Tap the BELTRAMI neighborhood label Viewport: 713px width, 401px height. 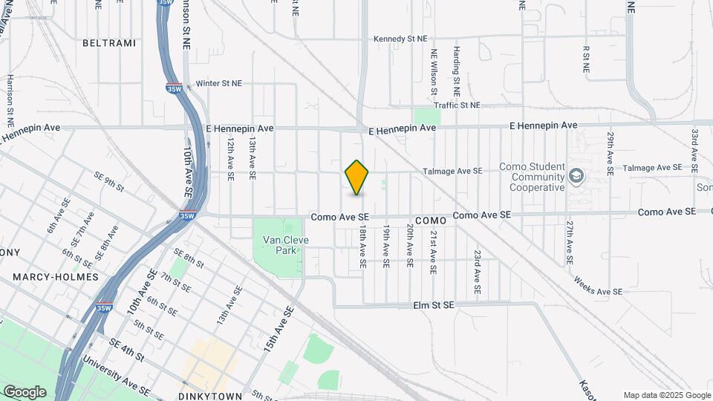[110, 43]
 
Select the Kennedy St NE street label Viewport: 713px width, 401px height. [400, 39]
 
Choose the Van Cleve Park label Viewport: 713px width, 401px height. [280, 244]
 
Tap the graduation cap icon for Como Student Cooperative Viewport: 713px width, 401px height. [576, 177]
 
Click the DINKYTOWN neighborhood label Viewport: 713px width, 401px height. [210, 397]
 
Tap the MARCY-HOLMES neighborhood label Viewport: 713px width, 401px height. [56, 277]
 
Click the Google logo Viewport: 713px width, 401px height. [25, 391]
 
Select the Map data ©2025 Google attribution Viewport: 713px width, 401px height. [666, 395]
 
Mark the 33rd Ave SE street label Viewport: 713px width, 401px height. [694, 151]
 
